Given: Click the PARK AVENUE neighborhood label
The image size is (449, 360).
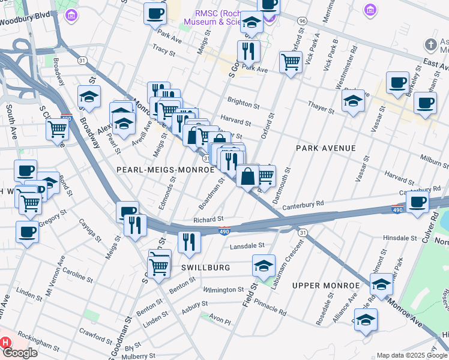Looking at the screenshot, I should click(x=325, y=148).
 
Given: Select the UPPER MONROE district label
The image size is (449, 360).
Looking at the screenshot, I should click(x=321, y=285).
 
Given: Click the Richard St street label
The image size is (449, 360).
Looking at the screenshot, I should click(x=209, y=220).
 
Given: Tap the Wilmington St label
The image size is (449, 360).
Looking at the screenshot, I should click(x=223, y=290).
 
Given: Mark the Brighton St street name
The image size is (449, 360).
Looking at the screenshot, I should click(x=243, y=103).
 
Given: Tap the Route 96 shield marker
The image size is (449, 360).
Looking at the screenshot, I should click(x=302, y=21).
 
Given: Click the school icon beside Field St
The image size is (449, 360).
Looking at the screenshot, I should click(x=264, y=265).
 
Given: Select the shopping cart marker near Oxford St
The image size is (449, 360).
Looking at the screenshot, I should click(x=291, y=61).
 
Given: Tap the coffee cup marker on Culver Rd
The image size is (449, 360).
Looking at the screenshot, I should click(x=417, y=202).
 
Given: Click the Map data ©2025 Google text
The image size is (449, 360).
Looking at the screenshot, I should click(x=411, y=355).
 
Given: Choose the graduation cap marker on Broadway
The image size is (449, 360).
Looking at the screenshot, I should click(x=89, y=97).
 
